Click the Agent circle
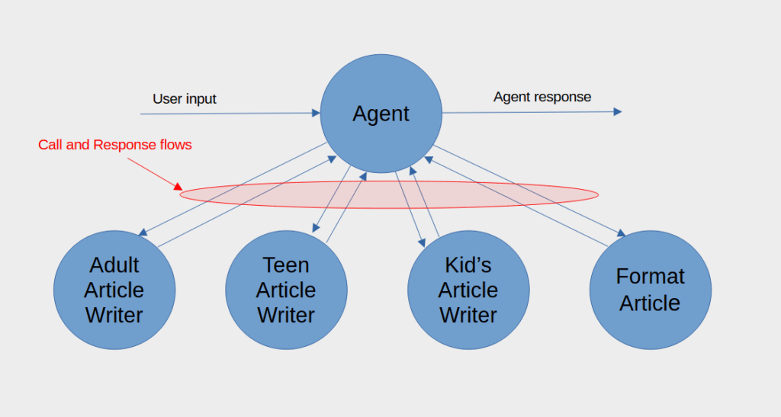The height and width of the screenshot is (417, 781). coord(381,114)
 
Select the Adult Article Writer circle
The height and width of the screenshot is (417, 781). coord(114,290)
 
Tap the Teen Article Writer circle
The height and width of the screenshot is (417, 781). coord(287,290)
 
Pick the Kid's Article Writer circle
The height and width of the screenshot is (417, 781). coord(469,290)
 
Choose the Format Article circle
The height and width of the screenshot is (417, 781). coord(651,290)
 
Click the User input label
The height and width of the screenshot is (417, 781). coord(185,99)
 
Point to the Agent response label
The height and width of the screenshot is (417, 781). coord(542,97)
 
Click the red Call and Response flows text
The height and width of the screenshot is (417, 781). coord(115,145)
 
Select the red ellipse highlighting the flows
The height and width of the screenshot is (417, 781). coord(389,181)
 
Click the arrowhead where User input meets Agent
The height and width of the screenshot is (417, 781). coord(316,113)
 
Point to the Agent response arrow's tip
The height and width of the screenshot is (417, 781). coord(618,112)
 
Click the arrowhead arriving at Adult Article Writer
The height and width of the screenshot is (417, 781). coord(143,233)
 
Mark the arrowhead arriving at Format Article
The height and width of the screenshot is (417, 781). coord(621,233)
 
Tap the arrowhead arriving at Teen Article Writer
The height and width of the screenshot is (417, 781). coord(316,228)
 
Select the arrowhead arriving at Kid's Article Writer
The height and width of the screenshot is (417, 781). coord(422,242)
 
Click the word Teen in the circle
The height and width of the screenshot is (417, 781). coord(286,265)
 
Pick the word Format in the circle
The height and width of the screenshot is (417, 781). coord(651,276)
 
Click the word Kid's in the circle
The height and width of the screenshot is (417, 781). coord(468,265)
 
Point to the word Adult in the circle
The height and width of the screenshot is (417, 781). coord(114,265)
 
